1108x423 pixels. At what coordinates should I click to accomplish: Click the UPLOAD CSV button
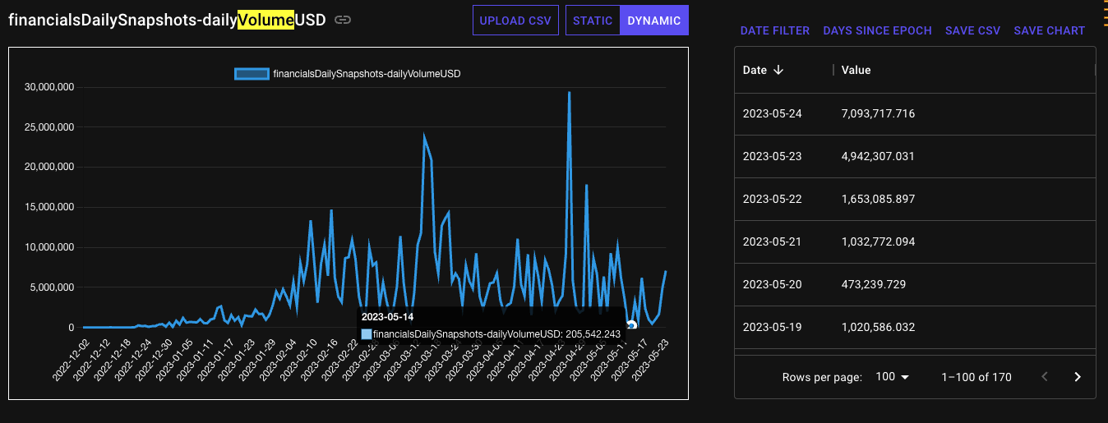pos(515,21)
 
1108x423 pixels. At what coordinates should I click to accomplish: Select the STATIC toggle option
pos(593,21)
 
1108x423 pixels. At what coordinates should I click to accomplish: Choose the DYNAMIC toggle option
pos(653,21)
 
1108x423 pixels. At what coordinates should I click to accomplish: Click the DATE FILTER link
pos(775,30)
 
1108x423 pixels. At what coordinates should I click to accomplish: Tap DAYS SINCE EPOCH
pos(877,30)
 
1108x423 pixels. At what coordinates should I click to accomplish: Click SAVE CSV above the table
pos(972,30)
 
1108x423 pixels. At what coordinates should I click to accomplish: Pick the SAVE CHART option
pos(1049,30)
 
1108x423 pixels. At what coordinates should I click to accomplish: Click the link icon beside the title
pos(343,21)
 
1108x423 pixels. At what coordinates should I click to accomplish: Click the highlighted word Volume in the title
pos(265,21)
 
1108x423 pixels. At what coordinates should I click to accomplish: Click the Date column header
pos(755,70)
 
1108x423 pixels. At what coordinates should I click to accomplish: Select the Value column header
pos(856,70)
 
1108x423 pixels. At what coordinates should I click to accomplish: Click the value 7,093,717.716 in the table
pos(878,113)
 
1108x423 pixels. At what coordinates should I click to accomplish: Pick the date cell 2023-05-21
pos(772,241)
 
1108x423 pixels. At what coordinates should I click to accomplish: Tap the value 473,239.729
pos(873,284)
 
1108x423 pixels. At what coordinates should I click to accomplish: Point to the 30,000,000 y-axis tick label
pos(50,86)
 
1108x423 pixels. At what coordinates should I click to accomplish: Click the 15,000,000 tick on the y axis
pos(50,207)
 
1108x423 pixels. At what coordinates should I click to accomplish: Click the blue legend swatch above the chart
pos(252,73)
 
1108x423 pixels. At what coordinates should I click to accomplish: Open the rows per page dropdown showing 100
pos(893,377)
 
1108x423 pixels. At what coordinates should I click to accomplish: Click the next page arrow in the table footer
pos(1078,377)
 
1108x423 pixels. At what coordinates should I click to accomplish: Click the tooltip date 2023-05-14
pos(387,316)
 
